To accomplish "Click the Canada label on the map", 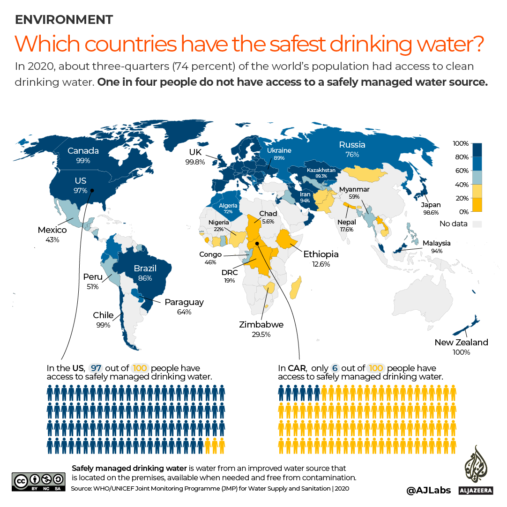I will (83, 151).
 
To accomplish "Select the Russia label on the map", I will (352, 144).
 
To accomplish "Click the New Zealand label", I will (461, 343).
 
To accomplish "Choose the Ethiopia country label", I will (321, 254).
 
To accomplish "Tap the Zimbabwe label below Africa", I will (261, 325).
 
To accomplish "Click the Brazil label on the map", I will (145, 269).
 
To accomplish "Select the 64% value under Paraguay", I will (184, 312).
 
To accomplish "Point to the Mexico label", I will (52, 230).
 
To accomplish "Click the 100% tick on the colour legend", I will (461, 143).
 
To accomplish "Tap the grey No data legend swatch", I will (477, 224).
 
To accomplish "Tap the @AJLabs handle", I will (429, 490).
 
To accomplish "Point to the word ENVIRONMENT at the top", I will (64, 20).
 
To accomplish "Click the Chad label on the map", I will (268, 214).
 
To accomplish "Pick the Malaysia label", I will (436, 243).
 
